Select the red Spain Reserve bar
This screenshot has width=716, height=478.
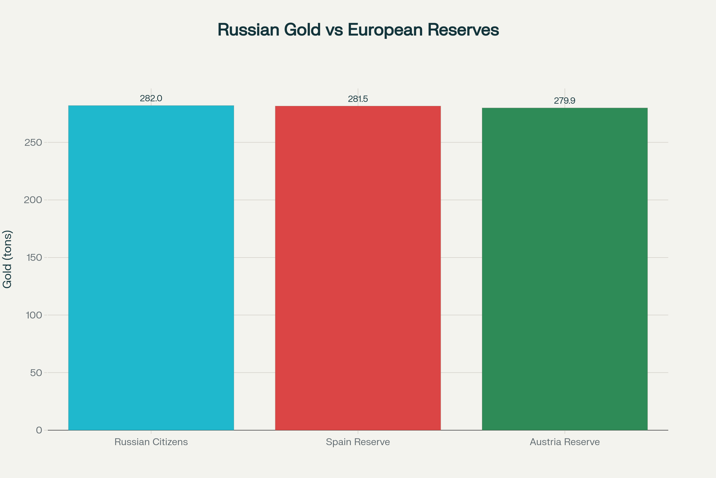(x=358, y=268)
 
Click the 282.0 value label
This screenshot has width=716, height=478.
(x=151, y=98)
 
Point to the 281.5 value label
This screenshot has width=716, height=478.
(x=358, y=99)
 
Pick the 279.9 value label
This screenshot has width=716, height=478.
(x=564, y=101)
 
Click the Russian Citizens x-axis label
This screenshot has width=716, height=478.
(x=151, y=442)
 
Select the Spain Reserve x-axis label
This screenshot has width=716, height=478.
(x=358, y=442)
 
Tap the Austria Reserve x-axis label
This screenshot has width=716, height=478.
(x=565, y=442)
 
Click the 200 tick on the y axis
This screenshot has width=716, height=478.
(x=33, y=200)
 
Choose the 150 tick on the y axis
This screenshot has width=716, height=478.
(x=34, y=258)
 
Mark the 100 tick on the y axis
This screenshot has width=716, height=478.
(x=34, y=315)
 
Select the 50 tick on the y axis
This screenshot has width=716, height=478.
(x=36, y=373)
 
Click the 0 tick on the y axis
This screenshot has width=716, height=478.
(x=39, y=430)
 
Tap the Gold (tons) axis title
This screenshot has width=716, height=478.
(x=7, y=259)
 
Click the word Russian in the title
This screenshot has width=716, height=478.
(x=248, y=30)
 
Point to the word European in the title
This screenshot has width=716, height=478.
(x=385, y=30)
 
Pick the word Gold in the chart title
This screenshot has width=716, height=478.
(x=302, y=30)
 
